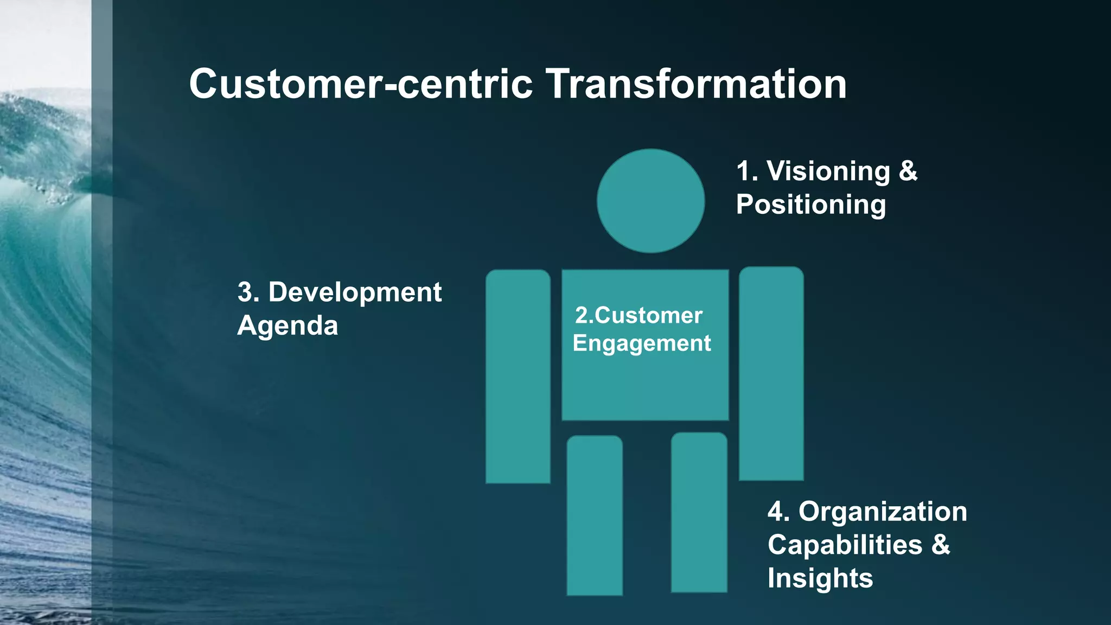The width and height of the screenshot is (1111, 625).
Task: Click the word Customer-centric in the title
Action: coord(361,84)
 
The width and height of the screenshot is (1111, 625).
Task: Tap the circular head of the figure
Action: coord(650,201)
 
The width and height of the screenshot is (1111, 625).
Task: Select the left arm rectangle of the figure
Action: coord(518,377)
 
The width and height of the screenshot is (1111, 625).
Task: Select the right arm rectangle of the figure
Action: coord(771,373)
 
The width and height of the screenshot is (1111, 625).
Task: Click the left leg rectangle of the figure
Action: coord(595,515)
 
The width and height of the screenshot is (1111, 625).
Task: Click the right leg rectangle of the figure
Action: coord(699,512)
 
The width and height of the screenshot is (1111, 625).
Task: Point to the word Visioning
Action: coord(828,171)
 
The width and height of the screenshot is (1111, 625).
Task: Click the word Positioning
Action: coord(810,205)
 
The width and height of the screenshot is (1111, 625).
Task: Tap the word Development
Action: coord(355,292)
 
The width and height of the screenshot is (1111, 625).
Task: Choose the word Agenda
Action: coord(288,326)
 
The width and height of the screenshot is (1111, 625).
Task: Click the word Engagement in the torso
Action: coord(641,344)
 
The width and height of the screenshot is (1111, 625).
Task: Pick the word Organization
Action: coord(883,512)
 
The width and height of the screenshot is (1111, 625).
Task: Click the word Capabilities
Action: coord(845,545)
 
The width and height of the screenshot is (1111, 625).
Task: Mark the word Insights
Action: coord(820,578)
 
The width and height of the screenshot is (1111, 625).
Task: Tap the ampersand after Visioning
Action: coord(908,171)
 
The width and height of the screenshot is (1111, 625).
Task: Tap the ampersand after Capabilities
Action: coord(941,545)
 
